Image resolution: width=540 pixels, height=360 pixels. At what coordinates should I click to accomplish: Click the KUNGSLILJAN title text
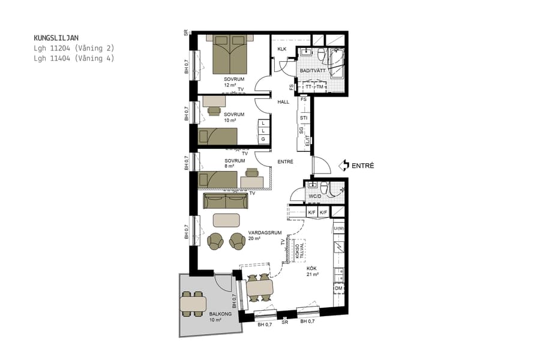tap(56, 37)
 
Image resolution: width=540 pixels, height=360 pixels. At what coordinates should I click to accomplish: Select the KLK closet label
tap(281, 50)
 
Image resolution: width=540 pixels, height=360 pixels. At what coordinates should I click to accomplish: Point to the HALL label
tap(283, 102)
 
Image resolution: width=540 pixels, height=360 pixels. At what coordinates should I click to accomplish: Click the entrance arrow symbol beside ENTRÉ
tap(343, 164)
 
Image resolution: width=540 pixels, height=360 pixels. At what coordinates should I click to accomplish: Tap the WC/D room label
tap(316, 196)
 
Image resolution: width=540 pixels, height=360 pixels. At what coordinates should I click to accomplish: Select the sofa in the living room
tap(226, 201)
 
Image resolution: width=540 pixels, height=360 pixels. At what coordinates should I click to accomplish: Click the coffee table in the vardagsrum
tap(226, 220)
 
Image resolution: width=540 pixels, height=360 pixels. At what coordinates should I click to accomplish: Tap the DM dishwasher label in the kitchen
tap(339, 289)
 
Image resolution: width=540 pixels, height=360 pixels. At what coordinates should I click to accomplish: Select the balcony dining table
tap(193, 305)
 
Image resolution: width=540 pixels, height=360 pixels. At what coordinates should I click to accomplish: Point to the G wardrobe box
tap(262, 139)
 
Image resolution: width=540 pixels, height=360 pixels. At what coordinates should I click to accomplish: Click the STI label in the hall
tap(304, 118)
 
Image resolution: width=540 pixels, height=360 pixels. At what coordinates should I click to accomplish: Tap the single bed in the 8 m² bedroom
tap(218, 179)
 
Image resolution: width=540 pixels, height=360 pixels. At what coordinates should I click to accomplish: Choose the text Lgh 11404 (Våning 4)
tap(74, 58)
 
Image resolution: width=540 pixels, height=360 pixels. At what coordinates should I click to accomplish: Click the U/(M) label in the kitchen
tap(339, 229)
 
